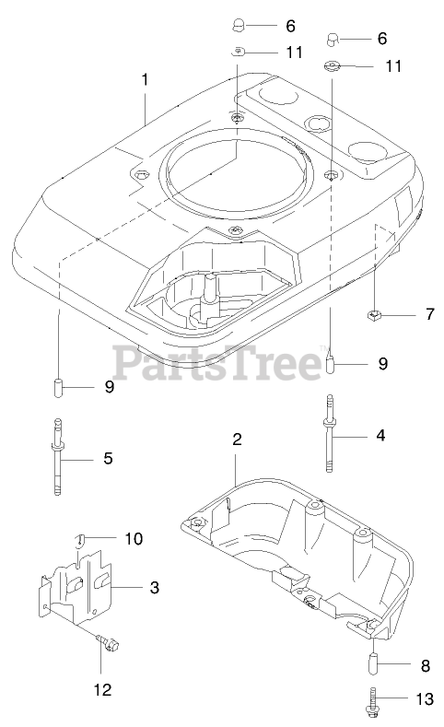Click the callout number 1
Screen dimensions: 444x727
[145, 80]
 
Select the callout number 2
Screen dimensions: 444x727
[237, 440]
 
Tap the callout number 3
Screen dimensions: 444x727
[155, 588]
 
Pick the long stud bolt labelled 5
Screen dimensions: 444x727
[57, 457]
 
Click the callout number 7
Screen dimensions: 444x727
[430, 314]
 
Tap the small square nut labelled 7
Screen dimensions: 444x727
[374, 316]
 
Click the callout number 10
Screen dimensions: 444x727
[134, 539]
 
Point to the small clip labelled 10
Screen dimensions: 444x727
[80, 540]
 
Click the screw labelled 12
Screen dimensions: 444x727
[108, 642]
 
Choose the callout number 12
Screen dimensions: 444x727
[102, 689]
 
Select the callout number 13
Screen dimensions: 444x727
[425, 698]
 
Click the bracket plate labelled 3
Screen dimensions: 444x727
[76, 587]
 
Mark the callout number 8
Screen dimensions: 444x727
[425, 666]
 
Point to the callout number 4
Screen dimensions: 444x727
[380, 435]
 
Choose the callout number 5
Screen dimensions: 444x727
[108, 459]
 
